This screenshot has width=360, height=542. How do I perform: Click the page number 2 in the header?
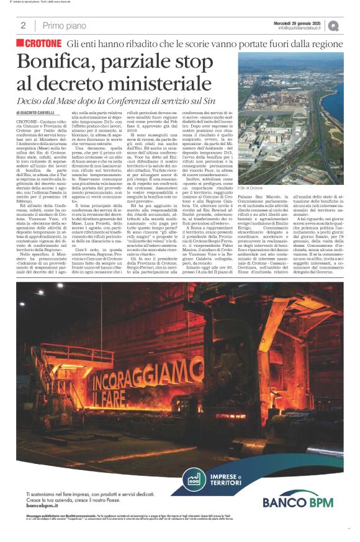(x=23, y=25)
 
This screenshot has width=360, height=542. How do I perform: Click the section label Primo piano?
(x=61, y=25)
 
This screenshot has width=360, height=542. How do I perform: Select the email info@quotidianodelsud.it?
(x=300, y=28)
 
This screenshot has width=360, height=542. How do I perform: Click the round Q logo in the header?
(x=334, y=25)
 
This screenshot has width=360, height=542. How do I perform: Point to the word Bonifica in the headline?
(x=57, y=62)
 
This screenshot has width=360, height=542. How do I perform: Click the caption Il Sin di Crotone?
(x=251, y=187)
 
